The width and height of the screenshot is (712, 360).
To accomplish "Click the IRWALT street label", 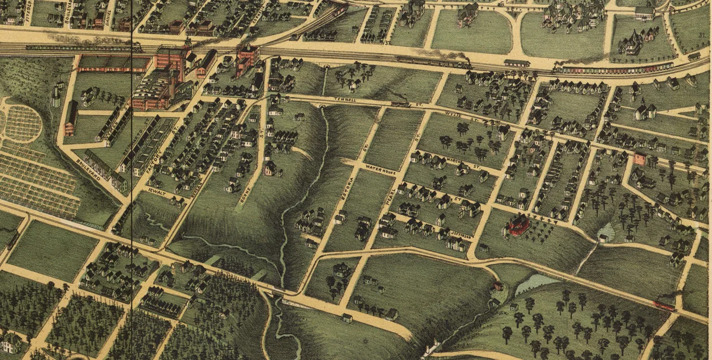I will [157, 192].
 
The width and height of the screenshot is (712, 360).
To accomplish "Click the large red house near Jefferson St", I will [519, 225].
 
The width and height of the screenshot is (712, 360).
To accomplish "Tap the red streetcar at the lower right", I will [663, 306].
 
